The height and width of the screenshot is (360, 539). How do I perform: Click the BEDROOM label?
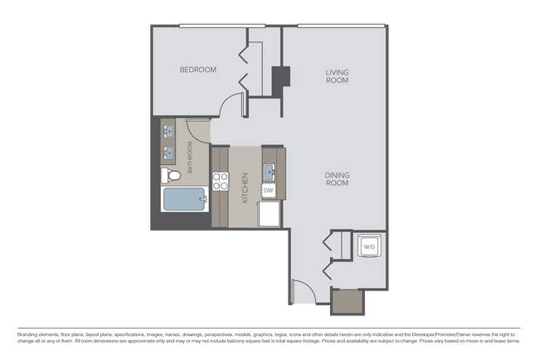[x=198, y=70]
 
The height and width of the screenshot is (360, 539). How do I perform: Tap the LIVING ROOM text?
[x=337, y=77]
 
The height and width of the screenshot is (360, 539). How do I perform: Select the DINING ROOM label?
[x=336, y=178]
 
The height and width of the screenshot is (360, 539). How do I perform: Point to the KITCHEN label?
[x=245, y=188]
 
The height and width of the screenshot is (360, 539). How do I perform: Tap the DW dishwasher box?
[x=268, y=191]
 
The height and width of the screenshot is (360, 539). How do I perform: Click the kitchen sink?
[x=269, y=172]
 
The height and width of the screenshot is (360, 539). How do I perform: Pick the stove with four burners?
[x=220, y=182]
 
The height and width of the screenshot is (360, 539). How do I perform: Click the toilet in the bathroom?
[x=171, y=175]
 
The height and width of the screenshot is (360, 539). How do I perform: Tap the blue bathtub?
[x=183, y=200]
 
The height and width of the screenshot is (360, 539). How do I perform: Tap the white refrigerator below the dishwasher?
[x=269, y=213]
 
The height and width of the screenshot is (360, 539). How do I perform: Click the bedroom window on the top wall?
[x=211, y=26]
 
